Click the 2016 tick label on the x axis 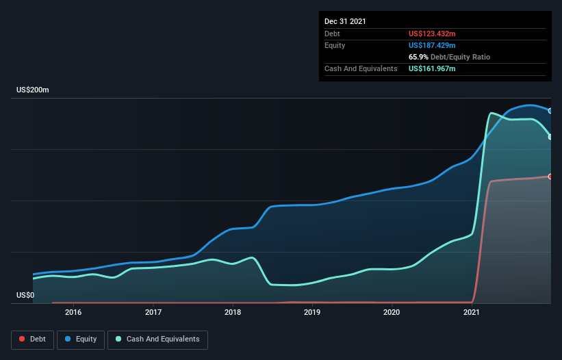[73, 312]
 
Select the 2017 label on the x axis [153, 312]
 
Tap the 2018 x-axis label [233, 312]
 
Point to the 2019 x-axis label [312, 312]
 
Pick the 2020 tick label [392, 312]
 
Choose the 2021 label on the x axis [471, 312]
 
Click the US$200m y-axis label [33, 90]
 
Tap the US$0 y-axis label [26, 296]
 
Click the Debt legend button [32, 339]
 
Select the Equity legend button [81, 339]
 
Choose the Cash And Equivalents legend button [157, 339]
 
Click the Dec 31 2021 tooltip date [345, 21]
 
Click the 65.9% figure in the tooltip [418, 57]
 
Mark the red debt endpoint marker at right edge [550, 177]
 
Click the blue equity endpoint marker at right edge [550, 110]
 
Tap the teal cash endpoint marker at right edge [550, 137]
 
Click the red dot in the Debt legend [23, 339]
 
